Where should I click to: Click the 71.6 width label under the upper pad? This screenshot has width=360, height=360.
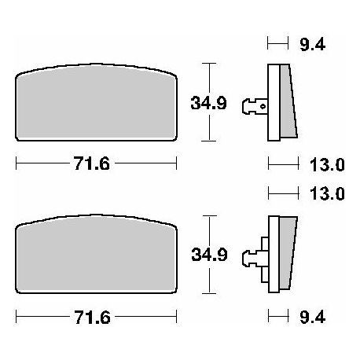click(91, 163)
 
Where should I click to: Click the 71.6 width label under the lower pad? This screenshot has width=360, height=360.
click(92, 318)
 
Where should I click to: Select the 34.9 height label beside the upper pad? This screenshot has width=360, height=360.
click(208, 103)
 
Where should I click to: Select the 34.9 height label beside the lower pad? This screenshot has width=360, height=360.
click(209, 255)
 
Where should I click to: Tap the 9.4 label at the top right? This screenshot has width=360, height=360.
click(312, 45)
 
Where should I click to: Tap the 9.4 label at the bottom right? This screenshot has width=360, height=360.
click(313, 317)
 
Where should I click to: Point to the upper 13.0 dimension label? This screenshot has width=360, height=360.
click(327, 165)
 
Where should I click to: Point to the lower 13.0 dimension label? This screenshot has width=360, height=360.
click(327, 194)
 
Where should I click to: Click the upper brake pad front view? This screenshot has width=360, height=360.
click(96, 102)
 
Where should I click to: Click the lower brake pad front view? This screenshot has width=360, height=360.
click(96, 254)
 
